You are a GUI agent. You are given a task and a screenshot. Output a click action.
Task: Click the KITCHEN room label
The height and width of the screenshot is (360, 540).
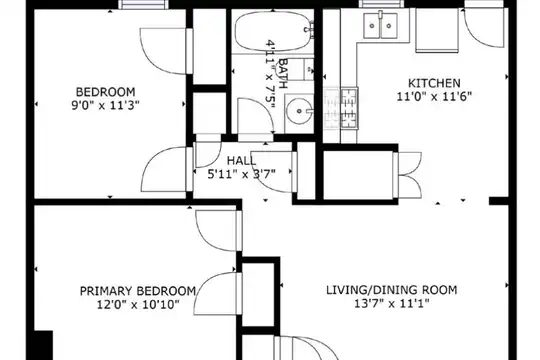[434, 83]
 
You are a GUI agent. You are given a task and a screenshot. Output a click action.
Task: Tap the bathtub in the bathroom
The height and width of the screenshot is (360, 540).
[273, 32]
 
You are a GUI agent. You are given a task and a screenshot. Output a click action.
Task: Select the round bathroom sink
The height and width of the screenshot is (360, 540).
[300, 111]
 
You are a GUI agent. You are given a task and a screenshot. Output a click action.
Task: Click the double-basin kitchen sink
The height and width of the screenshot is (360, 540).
[380, 25]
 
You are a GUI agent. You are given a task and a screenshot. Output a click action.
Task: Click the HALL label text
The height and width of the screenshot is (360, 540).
[241, 161]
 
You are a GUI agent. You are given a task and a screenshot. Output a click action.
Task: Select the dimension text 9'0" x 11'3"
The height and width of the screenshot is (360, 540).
[105, 105]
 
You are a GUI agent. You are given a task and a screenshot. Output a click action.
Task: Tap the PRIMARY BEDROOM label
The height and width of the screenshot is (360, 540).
[138, 291]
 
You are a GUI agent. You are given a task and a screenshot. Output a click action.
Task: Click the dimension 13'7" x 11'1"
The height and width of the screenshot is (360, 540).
[392, 304]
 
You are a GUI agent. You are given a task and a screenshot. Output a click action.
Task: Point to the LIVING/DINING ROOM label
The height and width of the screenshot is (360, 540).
[392, 290]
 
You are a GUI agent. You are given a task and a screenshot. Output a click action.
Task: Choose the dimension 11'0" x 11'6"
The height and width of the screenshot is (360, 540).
[434, 96]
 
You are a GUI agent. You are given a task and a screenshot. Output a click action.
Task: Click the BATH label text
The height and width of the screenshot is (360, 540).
[283, 73]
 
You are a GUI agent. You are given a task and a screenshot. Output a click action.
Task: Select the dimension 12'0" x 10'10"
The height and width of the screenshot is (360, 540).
[138, 305]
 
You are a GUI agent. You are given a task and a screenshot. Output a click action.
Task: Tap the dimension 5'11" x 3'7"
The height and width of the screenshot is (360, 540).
[241, 174]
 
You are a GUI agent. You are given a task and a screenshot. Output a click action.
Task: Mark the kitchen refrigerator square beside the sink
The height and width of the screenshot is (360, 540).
[437, 30]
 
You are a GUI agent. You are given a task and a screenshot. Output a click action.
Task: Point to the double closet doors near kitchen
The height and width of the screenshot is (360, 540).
[408, 175]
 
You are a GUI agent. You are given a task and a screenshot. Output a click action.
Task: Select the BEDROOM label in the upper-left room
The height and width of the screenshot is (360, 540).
[105, 92]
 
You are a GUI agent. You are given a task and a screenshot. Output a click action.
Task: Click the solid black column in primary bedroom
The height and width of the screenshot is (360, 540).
[44, 345]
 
